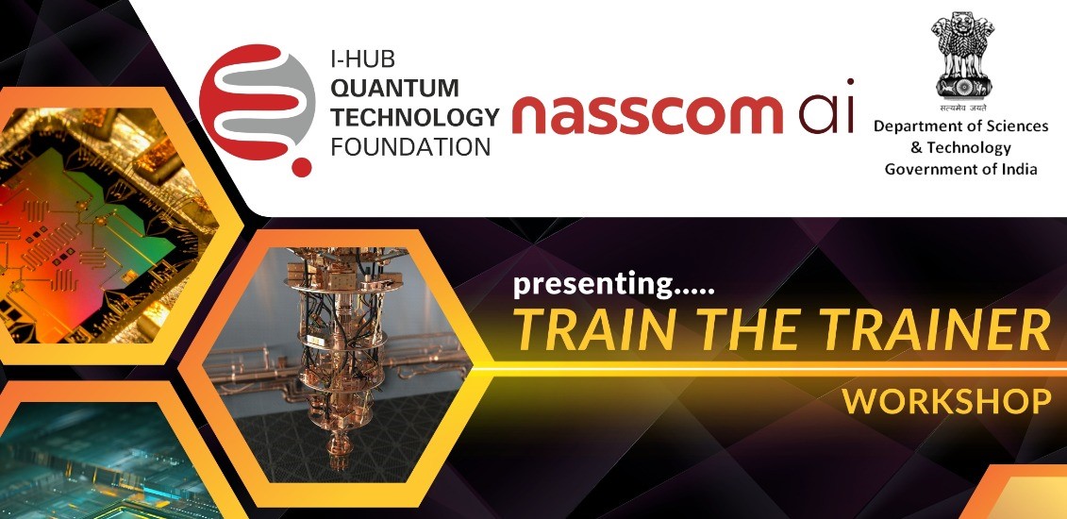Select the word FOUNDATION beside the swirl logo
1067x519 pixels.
pyautogui.click(x=411, y=147)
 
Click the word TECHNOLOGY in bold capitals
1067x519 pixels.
pyautogui.click(x=415, y=117)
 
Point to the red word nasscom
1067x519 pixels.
pyautogui.click(x=646, y=113)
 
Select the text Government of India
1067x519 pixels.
pyautogui.click(x=960, y=169)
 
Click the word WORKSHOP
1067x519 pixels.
pyautogui.click(x=946, y=402)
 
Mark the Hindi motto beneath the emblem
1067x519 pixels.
pyautogui.click(x=961, y=108)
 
